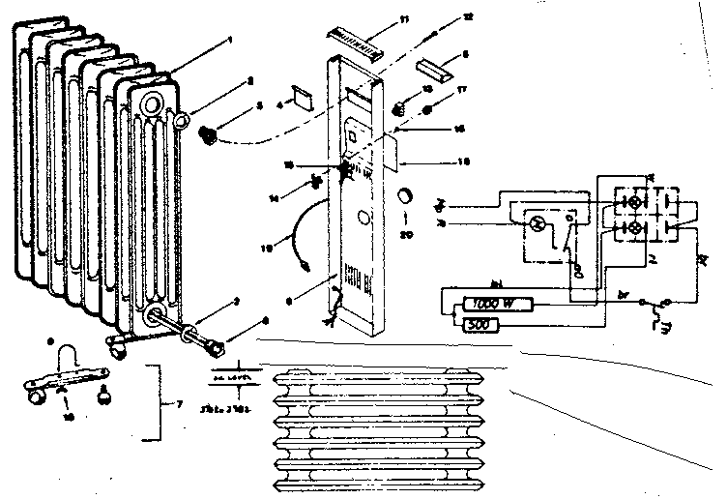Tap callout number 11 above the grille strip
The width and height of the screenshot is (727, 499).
point(404,18)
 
